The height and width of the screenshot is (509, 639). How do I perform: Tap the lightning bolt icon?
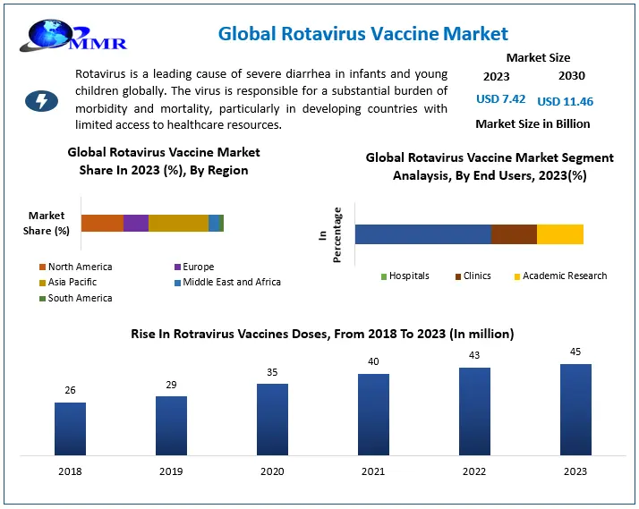coord(41,100)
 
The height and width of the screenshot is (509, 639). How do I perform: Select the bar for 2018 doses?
coord(70,428)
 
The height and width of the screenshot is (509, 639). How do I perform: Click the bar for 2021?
coord(373,413)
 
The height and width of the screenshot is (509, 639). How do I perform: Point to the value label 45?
coord(575,352)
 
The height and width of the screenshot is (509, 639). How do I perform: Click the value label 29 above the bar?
coord(171,384)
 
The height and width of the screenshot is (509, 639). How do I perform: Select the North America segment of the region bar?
coord(102,223)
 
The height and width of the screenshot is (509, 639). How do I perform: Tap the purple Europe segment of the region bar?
coord(136,223)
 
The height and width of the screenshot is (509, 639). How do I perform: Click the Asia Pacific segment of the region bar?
coord(178,223)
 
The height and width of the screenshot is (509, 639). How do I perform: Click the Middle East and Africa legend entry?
coord(227,282)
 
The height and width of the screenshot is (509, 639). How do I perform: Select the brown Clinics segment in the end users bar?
coord(514,234)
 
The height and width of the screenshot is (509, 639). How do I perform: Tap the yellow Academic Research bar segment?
coord(560,234)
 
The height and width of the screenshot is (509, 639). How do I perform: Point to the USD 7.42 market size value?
coord(501,100)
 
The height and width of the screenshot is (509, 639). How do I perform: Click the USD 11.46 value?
coord(565,101)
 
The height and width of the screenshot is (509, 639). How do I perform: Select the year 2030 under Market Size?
coord(572,77)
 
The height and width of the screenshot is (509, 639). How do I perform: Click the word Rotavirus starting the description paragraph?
coord(101,74)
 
